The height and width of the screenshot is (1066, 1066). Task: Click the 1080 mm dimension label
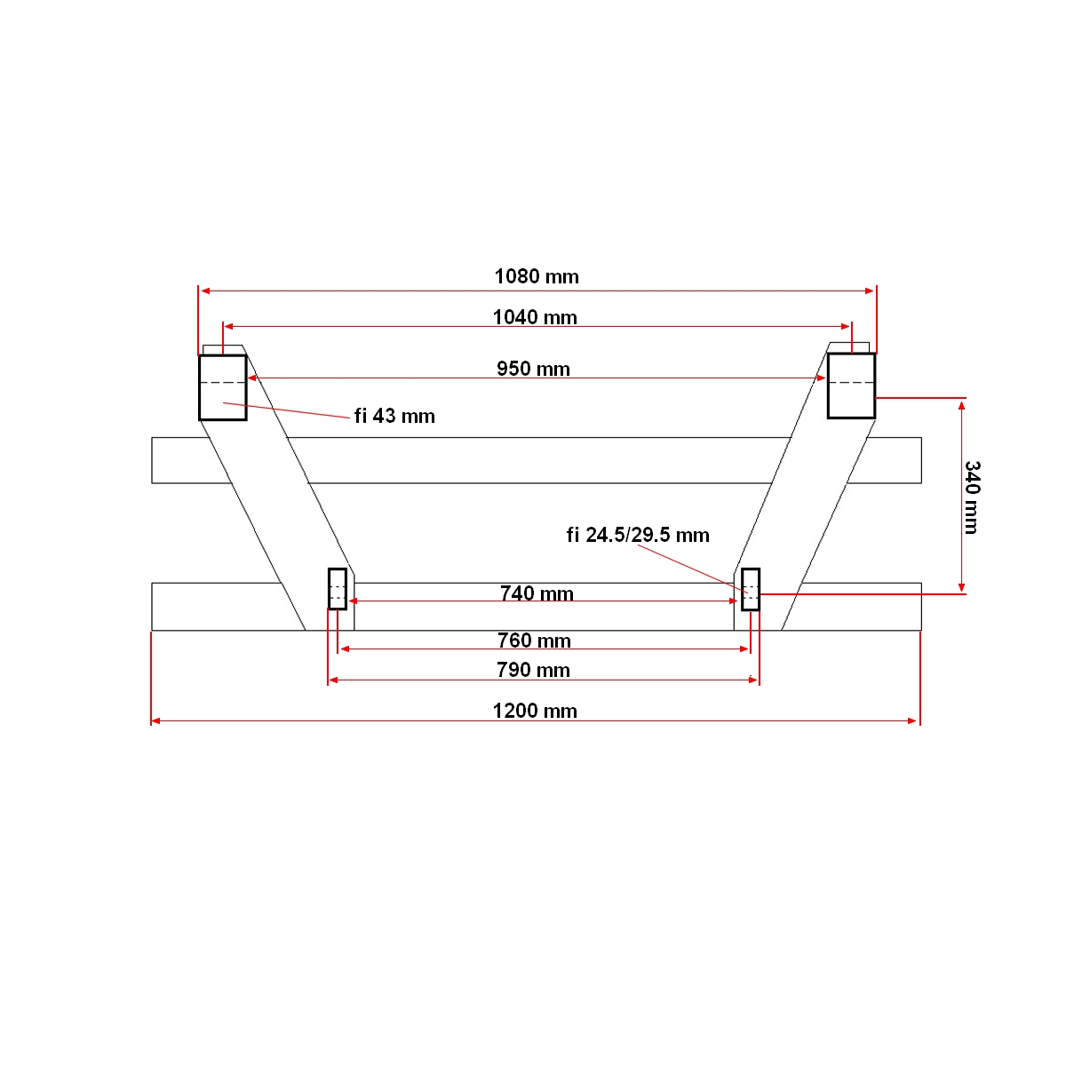pyautogui.click(x=537, y=276)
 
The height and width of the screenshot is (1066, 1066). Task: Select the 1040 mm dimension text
pyautogui.click(x=535, y=317)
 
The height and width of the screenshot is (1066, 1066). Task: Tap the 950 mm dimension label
pyautogui.click(x=533, y=369)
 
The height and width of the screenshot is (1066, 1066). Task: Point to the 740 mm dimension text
pyautogui.click(x=537, y=593)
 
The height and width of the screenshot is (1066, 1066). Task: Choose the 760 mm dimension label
pyautogui.click(x=534, y=640)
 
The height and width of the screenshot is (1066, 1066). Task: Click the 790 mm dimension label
pyautogui.click(x=533, y=670)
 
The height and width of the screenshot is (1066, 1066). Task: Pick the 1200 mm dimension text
pyautogui.click(x=535, y=711)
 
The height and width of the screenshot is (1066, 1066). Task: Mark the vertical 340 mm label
pyautogui.click(x=972, y=497)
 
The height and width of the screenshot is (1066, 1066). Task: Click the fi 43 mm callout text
pyautogui.click(x=394, y=416)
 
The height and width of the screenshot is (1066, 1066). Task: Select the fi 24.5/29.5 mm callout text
pyautogui.click(x=638, y=535)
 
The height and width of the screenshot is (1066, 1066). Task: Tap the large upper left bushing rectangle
pyautogui.click(x=222, y=387)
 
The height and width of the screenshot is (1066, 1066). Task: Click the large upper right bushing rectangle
pyautogui.click(x=851, y=386)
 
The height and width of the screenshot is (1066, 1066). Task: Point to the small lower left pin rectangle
pyautogui.click(x=338, y=589)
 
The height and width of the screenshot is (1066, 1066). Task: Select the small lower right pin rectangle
pyautogui.click(x=751, y=589)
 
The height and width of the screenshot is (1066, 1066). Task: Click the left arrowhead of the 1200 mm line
pyautogui.click(x=155, y=720)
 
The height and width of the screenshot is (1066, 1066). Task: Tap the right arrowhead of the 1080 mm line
pyautogui.click(x=871, y=290)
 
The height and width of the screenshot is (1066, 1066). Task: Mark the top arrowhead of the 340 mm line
pyautogui.click(x=961, y=403)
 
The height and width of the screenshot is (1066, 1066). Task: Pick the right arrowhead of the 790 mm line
pyautogui.click(x=754, y=680)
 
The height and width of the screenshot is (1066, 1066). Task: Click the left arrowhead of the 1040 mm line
pyautogui.click(x=227, y=327)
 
